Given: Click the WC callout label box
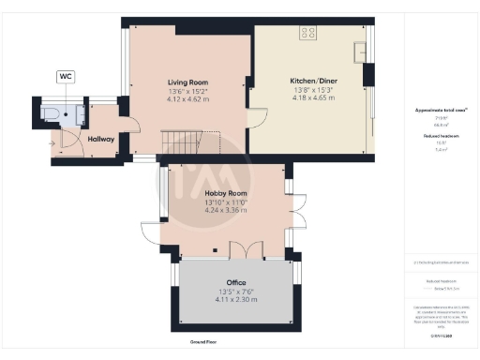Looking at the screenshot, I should pyautogui.click(x=67, y=77).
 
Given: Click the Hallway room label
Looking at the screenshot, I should pyautogui.click(x=100, y=139).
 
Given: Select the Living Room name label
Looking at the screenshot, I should pyautogui.click(x=187, y=82).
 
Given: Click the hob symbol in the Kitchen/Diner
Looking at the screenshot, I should pyautogui.click(x=307, y=33).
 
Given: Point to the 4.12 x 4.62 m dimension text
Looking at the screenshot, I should pyautogui.click(x=187, y=97).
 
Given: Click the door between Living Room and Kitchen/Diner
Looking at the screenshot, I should pyautogui.click(x=254, y=120).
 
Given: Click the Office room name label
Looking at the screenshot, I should pyautogui.click(x=235, y=282).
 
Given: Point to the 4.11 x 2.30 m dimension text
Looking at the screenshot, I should pyautogui.click(x=235, y=298).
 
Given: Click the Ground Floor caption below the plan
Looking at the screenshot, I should pyautogui.click(x=204, y=342).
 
